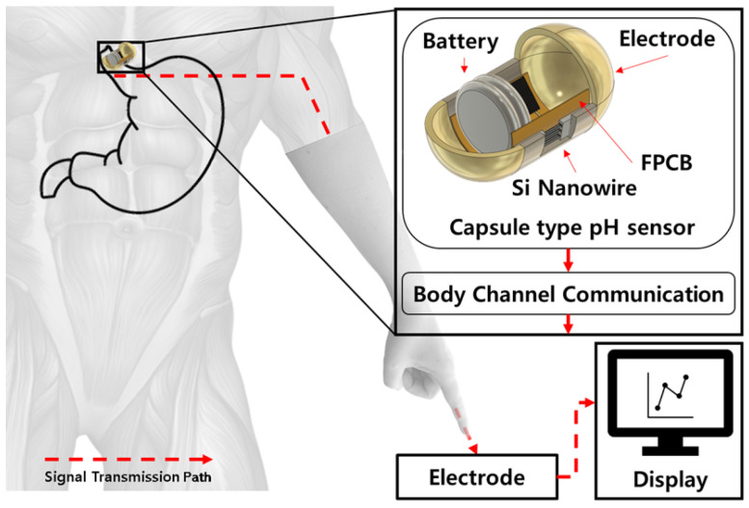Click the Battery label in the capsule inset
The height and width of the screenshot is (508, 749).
pos(462,42)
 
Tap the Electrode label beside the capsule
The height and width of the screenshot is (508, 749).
pos(664,39)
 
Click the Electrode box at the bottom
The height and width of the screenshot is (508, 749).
pos(476,477)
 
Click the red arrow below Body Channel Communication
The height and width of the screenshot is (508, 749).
pos(569,325)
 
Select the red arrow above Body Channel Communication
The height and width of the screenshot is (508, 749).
pos(569,260)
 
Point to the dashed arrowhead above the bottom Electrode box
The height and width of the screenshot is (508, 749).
pos(471,445)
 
